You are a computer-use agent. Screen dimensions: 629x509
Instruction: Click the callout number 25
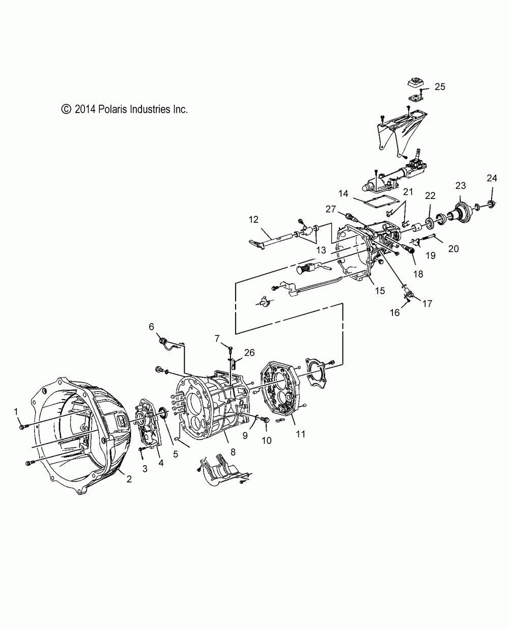coord(440,87)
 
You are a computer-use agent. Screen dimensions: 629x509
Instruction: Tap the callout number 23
coord(461,186)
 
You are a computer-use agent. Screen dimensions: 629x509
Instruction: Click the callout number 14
coord(343,193)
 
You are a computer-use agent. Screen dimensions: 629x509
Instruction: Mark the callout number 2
coord(129,479)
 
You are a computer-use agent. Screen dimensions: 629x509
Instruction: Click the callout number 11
coord(301,434)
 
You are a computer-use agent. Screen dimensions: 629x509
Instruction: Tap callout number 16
coord(395,313)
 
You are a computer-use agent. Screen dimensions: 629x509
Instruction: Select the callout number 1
coord(16,411)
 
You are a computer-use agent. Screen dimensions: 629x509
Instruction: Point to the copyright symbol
coord(66,109)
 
